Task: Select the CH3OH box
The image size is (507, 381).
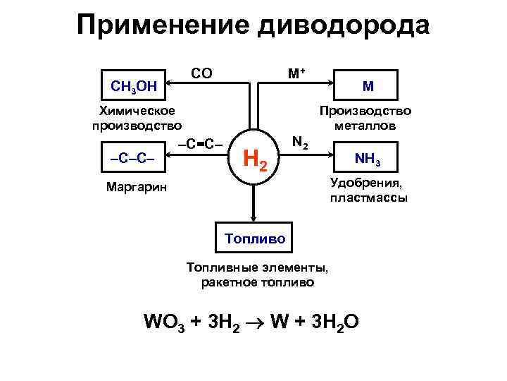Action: point(134,86)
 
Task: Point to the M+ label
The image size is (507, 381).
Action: point(296,73)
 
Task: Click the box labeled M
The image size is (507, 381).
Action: point(368,86)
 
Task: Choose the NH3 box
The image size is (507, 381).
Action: point(368,161)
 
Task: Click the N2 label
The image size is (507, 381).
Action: point(299,142)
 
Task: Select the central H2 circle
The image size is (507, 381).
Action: point(254,161)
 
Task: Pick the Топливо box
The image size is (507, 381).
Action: point(255,238)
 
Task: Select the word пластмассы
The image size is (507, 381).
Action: point(368,198)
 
